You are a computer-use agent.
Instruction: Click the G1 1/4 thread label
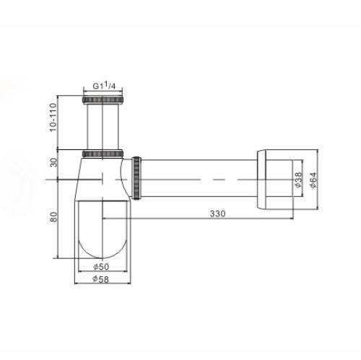(104, 86)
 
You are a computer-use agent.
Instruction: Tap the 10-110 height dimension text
(53, 117)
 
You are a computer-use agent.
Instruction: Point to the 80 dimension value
(54, 216)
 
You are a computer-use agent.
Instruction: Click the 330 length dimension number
(218, 214)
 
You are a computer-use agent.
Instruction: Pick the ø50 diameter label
(101, 266)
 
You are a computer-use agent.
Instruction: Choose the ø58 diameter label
(100, 279)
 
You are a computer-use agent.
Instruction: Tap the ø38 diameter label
(298, 180)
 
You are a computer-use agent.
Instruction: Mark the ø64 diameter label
(313, 180)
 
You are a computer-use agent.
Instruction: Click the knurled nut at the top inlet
(103, 100)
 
